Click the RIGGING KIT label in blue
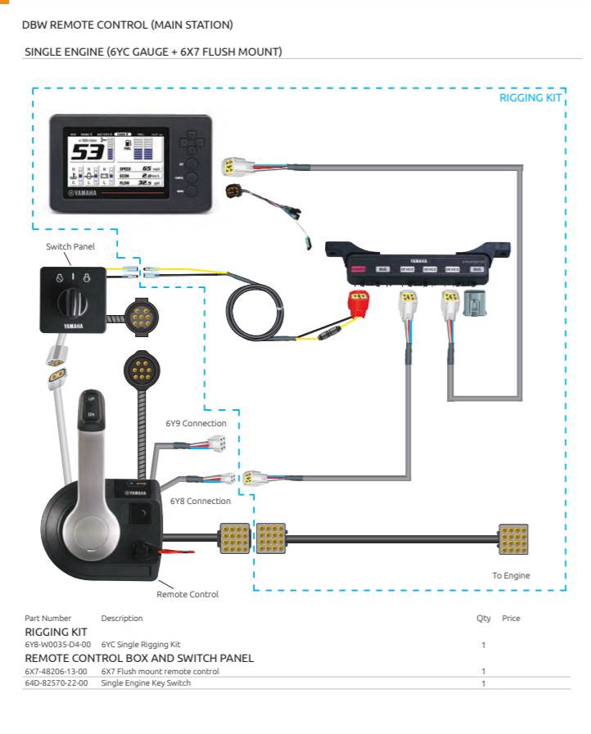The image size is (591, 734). [x=530, y=98]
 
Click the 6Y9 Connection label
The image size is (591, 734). [x=196, y=423]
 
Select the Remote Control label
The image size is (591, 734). [x=187, y=594]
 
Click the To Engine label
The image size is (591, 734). [x=511, y=575]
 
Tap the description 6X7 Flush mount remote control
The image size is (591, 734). [x=160, y=671]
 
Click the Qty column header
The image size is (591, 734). [x=483, y=619]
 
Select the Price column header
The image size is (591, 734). [x=511, y=619]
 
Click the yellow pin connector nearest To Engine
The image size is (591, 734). [x=513, y=539]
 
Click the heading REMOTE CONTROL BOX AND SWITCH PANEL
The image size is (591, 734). [x=139, y=658]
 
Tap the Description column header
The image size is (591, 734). [x=121, y=619]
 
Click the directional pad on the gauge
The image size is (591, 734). [x=191, y=146]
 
